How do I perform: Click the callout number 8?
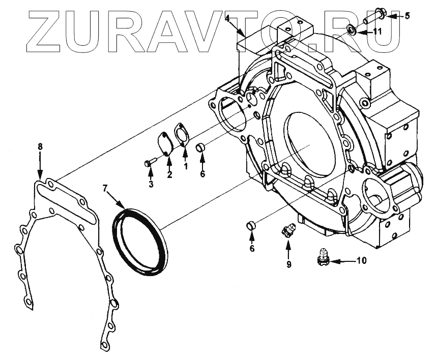(x=40, y=147)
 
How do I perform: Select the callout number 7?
(x=105, y=189)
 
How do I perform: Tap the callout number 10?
(x=361, y=261)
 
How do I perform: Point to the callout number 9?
(x=288, y=264)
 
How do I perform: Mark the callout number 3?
(x=151, y=184)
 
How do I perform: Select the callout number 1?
(x=186, y=166)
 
